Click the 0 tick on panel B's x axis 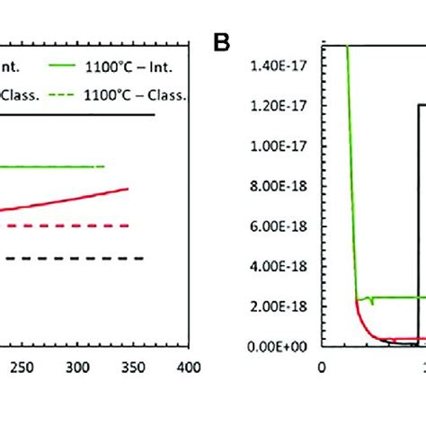pyautogui.click(x=324, y=367)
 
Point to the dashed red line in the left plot pyautogui.click(x=63, y=226)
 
